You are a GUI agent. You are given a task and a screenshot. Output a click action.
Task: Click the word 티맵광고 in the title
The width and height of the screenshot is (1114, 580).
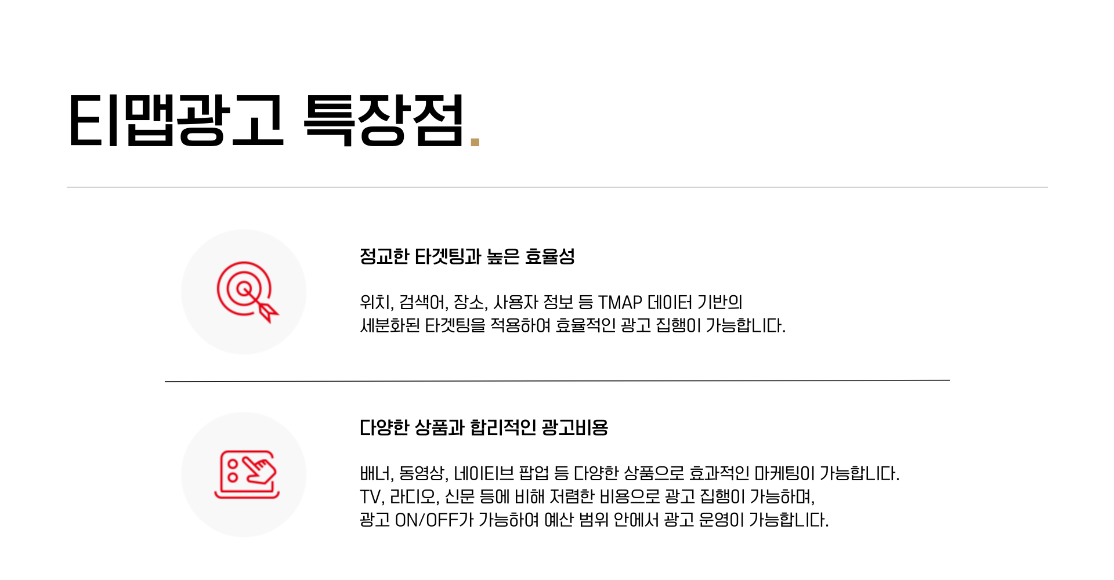click(x=176, y=120)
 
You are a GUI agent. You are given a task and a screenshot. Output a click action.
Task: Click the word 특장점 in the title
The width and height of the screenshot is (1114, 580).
click(x=383, y=120)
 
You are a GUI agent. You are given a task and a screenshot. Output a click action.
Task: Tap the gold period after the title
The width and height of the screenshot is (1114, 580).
click(x=475, y=141)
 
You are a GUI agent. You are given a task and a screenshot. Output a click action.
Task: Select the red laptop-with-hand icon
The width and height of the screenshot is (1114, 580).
click(x=247, y=474)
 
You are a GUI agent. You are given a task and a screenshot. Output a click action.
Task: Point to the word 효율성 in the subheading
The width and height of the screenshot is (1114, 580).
click(x=549, y=256)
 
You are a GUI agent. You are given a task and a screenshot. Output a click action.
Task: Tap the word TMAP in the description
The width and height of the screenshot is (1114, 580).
click(x=620, y=302)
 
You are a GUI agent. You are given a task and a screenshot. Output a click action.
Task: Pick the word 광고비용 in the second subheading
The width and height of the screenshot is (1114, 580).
click(x=574, y=428)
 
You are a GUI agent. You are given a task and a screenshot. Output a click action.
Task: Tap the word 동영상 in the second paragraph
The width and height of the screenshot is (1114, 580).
click(x=422, y=474)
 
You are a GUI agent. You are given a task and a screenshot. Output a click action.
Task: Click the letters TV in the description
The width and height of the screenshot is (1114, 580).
click(x=370, y=497)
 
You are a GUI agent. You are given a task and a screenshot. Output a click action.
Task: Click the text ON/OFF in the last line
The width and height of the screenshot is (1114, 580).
click(x=426, y=520)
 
